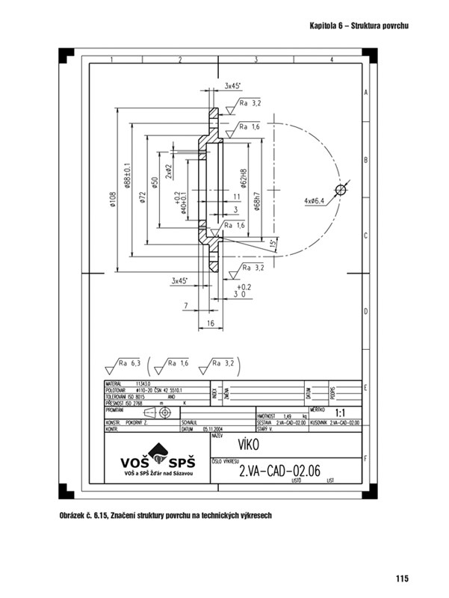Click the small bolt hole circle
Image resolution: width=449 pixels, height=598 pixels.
(341, 190)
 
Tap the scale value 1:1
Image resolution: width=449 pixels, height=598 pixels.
(340, 413)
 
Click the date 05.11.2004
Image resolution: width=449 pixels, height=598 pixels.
(214, 430)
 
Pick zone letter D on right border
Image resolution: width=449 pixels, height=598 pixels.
(365, 312)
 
